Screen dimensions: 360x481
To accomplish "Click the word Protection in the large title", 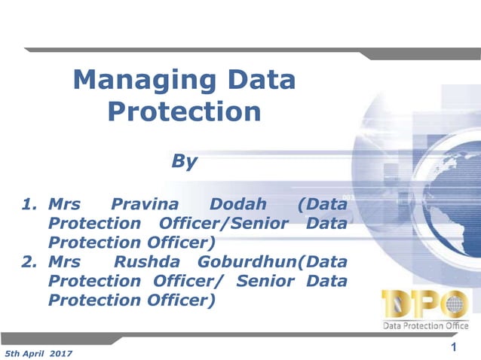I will tap(184, 111).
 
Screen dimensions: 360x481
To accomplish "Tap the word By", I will tap(185, 160).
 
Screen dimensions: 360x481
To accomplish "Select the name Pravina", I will tap(142, 204).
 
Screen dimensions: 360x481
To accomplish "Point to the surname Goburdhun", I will tap(246, 262).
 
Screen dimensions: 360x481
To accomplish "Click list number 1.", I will tap(29, 204).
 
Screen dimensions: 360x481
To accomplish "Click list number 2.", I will tap(29, 262).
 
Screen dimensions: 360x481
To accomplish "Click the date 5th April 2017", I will tap(38, 352).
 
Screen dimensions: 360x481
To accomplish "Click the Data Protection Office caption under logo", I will tap(427, 325).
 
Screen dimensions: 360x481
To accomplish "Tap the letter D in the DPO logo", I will tap(397, 304).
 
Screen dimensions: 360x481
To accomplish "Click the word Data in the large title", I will tap(256, 80).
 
